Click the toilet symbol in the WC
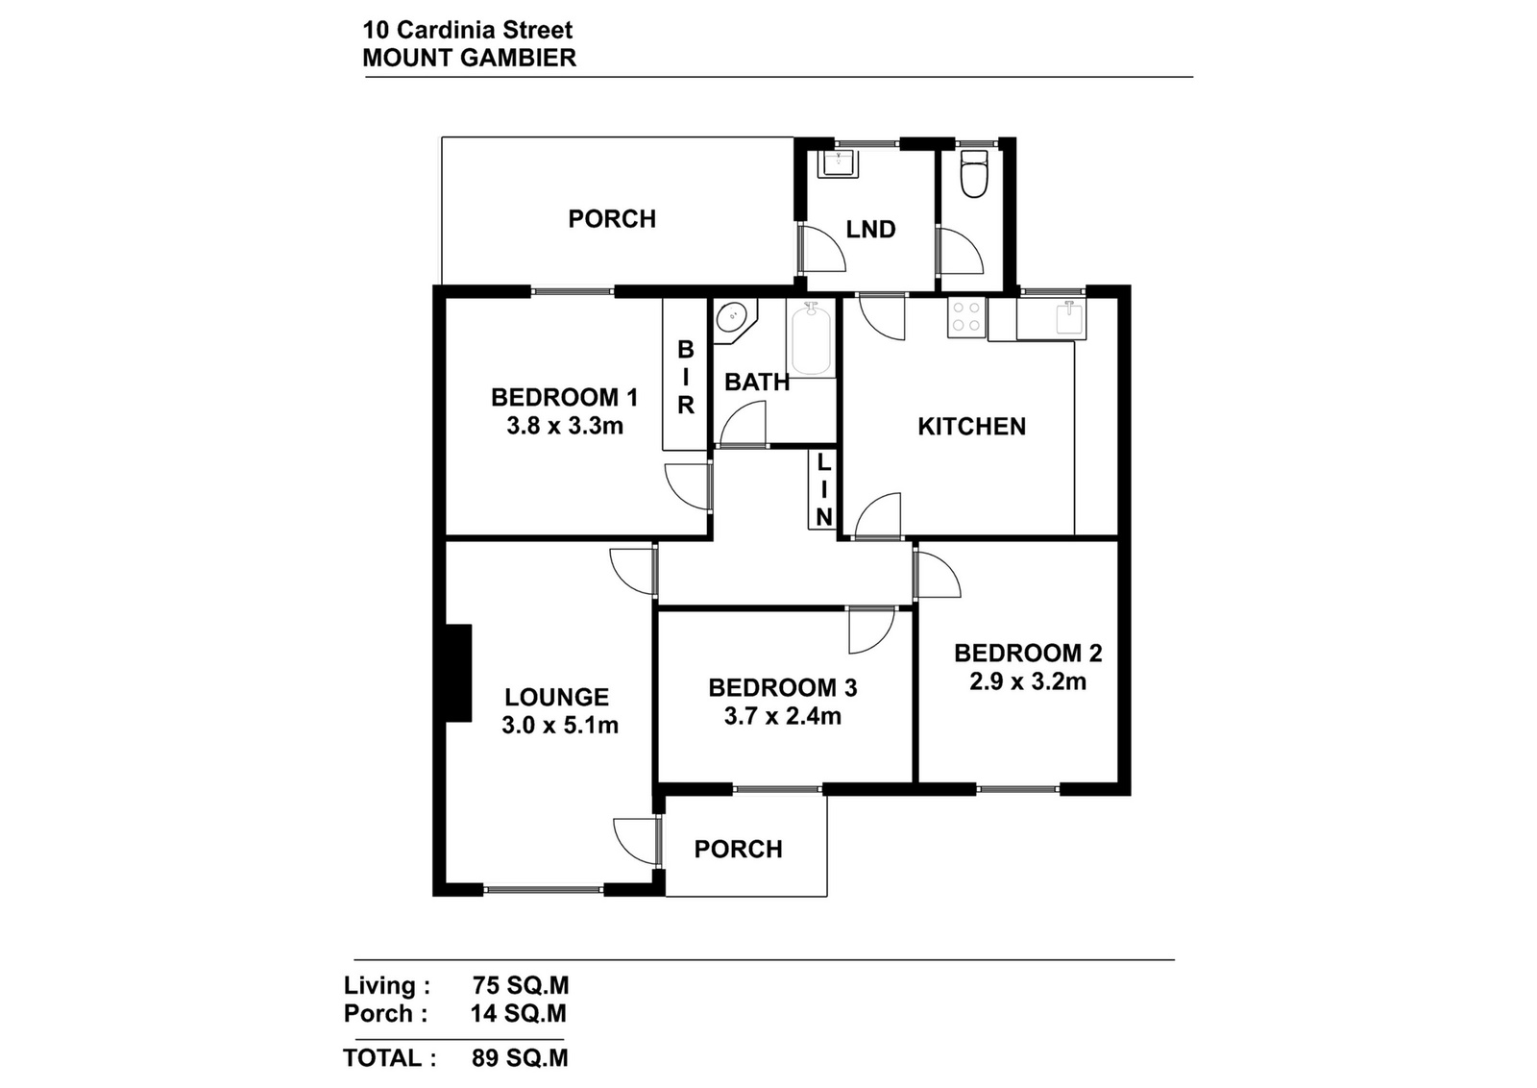point(974,174)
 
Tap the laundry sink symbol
point(839,164)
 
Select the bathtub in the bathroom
point(811,340)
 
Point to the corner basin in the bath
point(734,321)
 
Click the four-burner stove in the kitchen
point(966,318)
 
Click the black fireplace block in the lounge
point(458,673)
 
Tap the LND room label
point(870,230)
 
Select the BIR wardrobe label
point(686,377)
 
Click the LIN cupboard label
point(824,490)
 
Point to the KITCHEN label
point(971,427)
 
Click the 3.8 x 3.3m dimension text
point(565,427)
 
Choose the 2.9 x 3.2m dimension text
point(1027,681)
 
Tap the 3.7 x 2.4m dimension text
point(782,717)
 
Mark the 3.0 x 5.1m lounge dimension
point(560,726)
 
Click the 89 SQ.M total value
point(520,1058)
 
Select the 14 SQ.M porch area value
point(518,1013)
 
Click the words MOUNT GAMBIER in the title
point(470,59)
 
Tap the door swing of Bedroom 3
point(871,631)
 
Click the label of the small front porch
point(739,849)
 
